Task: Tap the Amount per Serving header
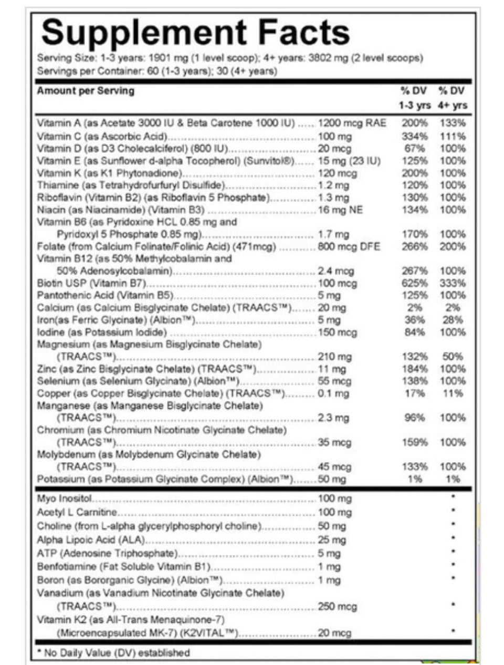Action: pos(85,91)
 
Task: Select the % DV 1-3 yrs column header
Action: pos(415,98)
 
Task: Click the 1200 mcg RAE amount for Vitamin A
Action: pos(352,123)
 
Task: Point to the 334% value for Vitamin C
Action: pos(415,136)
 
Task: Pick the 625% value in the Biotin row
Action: pos(415,283)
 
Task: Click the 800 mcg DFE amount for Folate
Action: pos(349,246)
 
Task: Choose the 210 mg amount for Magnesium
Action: pos(334,357)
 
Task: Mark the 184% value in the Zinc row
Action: pos(415,369)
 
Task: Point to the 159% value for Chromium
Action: pos(415,442)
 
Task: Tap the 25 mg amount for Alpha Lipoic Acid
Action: pos(332,539)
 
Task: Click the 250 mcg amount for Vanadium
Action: pos(337,606)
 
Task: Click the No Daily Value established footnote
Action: pos(113,653)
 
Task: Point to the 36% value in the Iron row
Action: pos(415,320)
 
